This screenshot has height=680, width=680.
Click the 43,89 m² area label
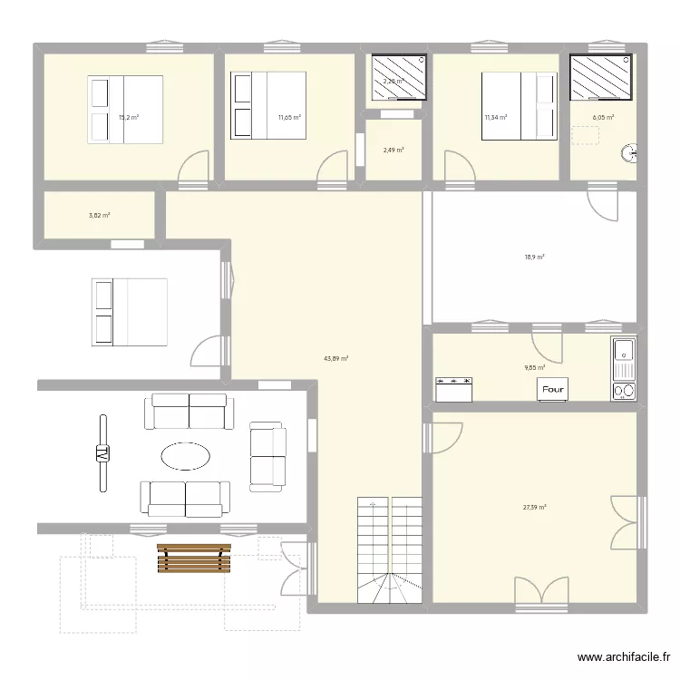[336, 358]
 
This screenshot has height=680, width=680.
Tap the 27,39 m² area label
[534, 508]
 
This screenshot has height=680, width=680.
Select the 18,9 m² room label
[534, 257]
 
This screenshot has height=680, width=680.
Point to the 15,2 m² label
[128, 117]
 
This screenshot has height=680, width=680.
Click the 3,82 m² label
[100, 215]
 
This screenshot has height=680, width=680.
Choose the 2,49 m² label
[393, 151]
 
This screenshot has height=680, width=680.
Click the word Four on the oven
[552, 389]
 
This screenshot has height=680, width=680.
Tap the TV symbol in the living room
[102, 453]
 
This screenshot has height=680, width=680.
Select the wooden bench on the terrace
[193, 558]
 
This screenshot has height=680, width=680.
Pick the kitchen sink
[624, 370]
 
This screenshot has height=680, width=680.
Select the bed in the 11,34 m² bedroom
[518, 107]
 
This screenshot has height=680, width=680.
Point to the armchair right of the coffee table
[267, 456]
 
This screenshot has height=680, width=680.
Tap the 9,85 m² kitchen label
[535, 368]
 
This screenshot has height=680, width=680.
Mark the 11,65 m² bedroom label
[289, 117]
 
